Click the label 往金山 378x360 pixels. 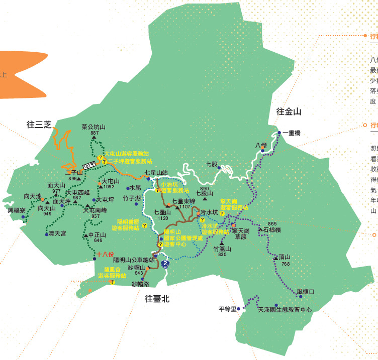289,112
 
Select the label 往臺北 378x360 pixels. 157,299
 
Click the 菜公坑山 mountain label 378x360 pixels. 93,127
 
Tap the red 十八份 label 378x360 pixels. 106,254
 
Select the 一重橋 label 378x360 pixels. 292,133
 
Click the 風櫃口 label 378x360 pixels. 305,291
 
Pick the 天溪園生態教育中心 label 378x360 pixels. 285,310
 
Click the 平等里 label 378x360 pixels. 227,309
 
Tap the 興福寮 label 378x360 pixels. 17,210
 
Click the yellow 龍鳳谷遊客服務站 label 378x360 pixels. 112,273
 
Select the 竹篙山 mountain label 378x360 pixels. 222,249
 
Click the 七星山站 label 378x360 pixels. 156,173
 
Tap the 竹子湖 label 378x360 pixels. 132,199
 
